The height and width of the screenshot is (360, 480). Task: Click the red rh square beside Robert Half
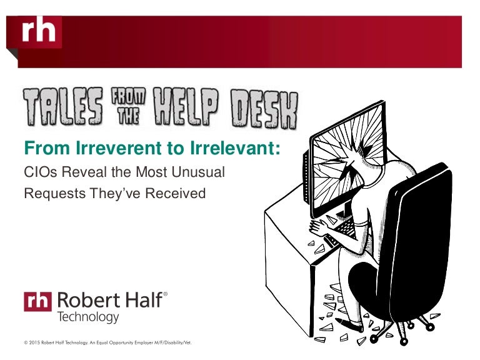(38, 301)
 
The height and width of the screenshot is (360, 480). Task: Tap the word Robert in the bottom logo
(84, 300)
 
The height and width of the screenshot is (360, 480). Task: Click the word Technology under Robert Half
(87, 317)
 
